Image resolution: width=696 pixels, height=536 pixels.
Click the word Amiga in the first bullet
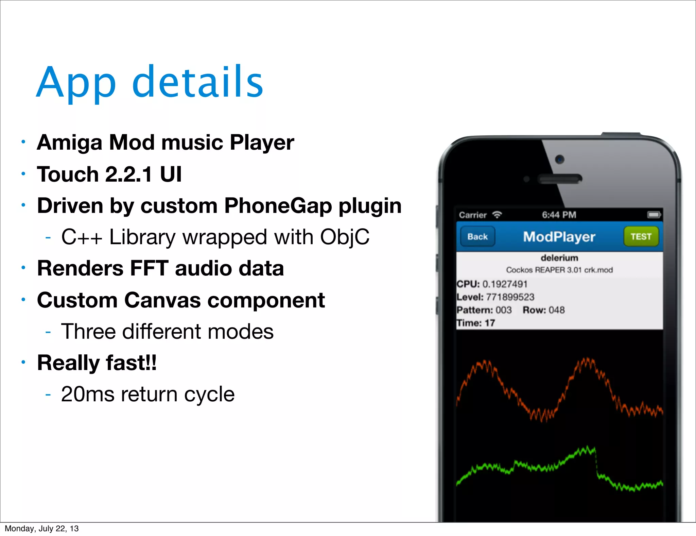click(x=69, y=143)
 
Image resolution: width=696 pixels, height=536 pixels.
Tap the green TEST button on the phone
click(x=641, y=237)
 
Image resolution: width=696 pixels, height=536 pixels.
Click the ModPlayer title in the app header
click(x=559, y=237)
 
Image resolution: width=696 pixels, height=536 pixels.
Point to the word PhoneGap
click(x=278, y=206)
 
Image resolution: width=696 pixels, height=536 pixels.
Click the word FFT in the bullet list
click(x=149, y=268)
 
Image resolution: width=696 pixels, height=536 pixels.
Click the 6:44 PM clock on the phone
click(x=559, y=215)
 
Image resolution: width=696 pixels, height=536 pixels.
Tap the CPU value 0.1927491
click(x=505, y=284)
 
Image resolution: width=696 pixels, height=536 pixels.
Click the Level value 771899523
click(x=510, y=297)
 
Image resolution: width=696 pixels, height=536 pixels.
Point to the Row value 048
click(x=557, y=310)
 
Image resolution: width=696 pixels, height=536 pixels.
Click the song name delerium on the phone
click(x=559, y=258)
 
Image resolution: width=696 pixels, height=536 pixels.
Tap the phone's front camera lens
click(x=559, y=159)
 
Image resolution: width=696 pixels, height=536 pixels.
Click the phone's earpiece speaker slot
click(x=560, y=179)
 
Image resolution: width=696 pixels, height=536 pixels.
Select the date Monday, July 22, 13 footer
click(x=41, y=529)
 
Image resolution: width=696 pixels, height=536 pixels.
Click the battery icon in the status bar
click(x=654, y=215)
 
